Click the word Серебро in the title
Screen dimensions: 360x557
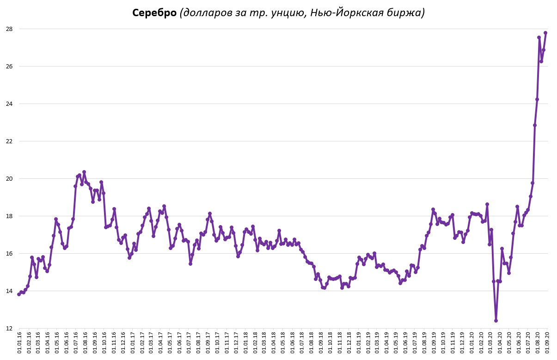click(154, 13)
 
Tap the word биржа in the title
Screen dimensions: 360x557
click(405, 13)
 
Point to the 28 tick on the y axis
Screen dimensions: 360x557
click(8, 29)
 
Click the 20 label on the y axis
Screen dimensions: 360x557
click(8, 179)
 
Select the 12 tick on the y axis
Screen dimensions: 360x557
click(8, 329)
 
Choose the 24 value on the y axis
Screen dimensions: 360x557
click(8, 104)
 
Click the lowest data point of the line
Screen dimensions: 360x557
click(496, 320)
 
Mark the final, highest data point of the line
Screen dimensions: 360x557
click(545, 33)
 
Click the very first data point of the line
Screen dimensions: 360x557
click(19, 294)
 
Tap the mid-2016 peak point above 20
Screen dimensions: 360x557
click(84, 172)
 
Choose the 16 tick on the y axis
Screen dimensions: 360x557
click(8, 254)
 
